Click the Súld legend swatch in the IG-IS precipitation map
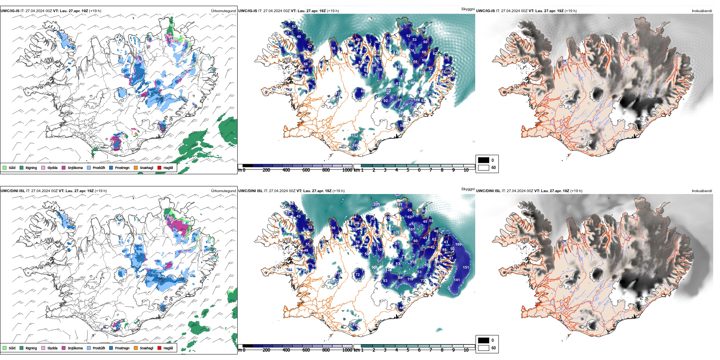tap(5, 167)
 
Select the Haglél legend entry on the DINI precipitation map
tap(160, 348)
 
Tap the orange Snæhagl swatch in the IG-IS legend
tap(136, 167)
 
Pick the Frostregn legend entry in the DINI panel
tap(111, 348)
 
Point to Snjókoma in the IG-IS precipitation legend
tap(64, 167)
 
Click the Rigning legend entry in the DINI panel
tap(22, 348)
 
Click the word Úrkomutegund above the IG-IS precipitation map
tap(223, 11)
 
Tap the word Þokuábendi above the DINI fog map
tap(702, 191)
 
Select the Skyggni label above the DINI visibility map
tap(468, 189)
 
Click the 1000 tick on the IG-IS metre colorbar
tap(347, 170)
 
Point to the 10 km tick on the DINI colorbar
tap(466, 350)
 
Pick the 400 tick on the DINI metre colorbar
tap(286, 350)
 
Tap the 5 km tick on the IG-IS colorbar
tap(408, 170)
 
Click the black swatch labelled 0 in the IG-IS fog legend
tap(484, 160)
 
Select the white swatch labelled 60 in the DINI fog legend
tap(484, 348)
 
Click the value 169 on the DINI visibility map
tap(458, 244)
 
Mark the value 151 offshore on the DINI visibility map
tap(466, 268)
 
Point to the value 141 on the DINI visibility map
tap(457, 280)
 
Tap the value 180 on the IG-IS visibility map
tap(355, 146)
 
